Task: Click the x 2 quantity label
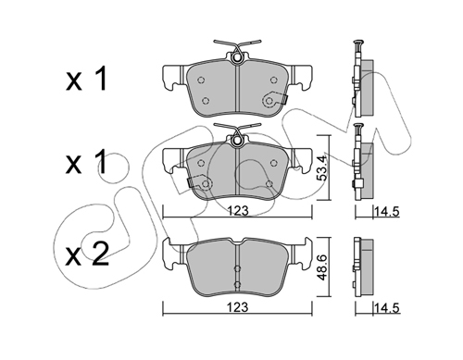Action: (x=87, y=254)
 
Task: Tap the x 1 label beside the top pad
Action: (x=86, y=79)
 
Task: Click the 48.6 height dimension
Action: (x=322, y=267)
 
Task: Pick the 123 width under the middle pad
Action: (x=238, y=211)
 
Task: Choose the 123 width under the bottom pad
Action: (x=238, y=307)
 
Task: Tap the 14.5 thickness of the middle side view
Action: (x=387, y=212)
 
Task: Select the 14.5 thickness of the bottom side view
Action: (x=387, y=307)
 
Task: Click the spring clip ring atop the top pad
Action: (x=237, y=57)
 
